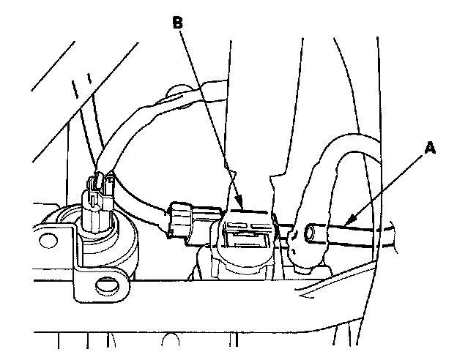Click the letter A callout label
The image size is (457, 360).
pyautogui.click(x=431, y=148)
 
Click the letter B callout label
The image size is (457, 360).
pyautogui.click(x=177, y=22)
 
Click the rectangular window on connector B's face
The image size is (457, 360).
pyautogui.click(x=242, y=236)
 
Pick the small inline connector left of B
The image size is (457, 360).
pyautogui.click(x=182, y=219)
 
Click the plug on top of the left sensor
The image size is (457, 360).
pyautogui.click(x=97, y=194)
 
